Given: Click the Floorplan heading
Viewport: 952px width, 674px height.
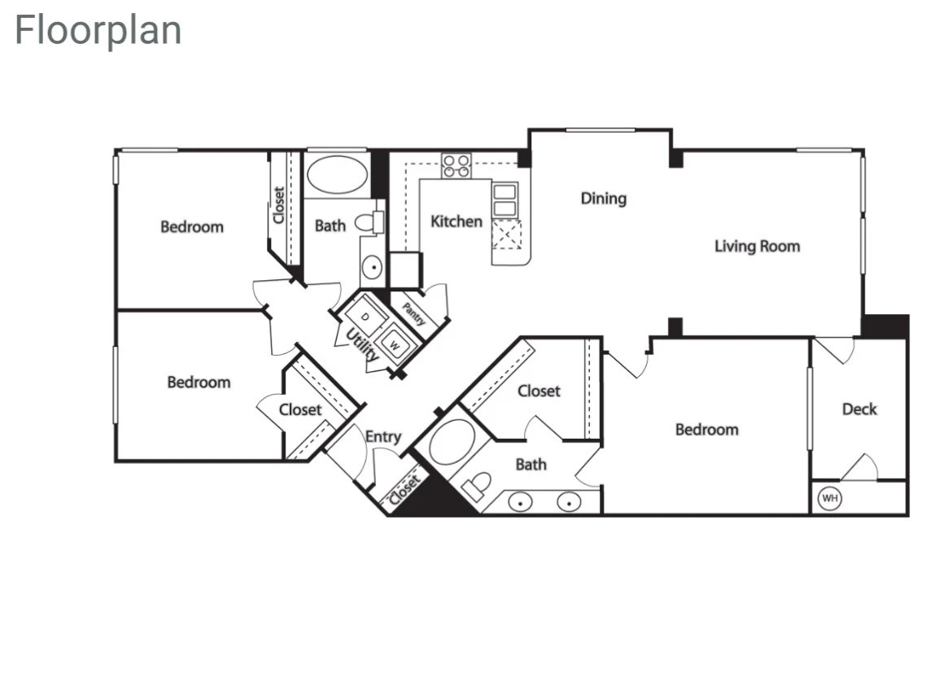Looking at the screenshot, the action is (x=98, y=30).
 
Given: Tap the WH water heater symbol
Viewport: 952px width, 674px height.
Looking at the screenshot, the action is (x=829, y=498).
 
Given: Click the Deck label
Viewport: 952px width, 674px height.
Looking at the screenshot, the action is (x=859, y=409).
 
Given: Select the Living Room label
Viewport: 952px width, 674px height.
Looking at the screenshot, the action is (x=757, y=246).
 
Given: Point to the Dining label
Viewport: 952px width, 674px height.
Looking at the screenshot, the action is (x=604, y=199).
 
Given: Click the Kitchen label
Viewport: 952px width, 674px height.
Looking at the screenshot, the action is (x=456, y=221).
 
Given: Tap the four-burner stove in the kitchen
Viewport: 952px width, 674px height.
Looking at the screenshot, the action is (x=456, y=166).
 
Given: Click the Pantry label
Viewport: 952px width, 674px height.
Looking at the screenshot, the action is (x=413, y=314).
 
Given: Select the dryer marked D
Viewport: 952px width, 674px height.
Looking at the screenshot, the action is (x=365, y=316).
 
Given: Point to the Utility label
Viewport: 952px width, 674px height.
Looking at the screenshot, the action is (x=362, y=345).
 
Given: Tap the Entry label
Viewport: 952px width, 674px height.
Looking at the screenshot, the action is (x=383, y=437).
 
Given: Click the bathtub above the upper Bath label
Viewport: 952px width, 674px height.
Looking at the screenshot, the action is (x=337, y=174).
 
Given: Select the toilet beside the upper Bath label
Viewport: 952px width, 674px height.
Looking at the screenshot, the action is (x=369, y=221).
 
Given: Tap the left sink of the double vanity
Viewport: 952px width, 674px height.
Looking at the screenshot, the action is (x=520, y=502).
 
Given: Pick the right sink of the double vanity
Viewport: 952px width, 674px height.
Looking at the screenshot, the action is (x=569, y=502).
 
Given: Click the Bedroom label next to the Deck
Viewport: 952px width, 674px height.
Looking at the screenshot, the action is (x=707, y=430).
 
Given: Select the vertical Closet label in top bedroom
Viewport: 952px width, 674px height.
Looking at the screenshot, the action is (x=278, y=205).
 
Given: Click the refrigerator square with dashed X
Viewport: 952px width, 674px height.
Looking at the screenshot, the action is (x=506, y=235).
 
